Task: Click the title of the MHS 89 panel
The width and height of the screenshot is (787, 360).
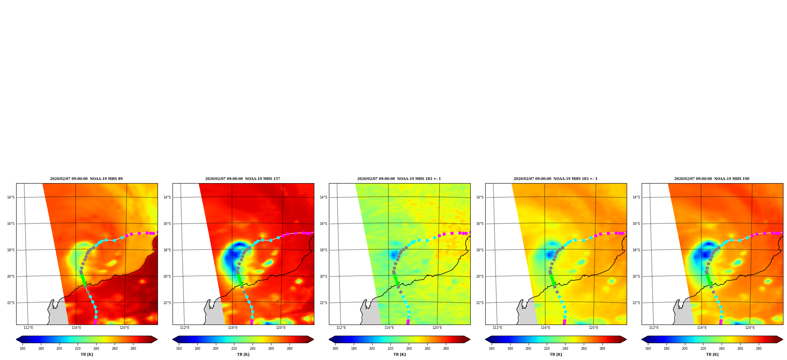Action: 86,179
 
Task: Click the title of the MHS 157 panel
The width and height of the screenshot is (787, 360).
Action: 243,179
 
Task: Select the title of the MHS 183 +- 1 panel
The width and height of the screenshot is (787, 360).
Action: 399,179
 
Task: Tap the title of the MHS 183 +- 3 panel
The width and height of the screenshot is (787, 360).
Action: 555,179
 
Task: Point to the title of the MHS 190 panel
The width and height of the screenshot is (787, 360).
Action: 712,179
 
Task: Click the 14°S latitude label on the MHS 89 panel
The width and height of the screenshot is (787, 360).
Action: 11,197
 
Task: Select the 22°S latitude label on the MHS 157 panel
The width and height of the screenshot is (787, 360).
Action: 167,303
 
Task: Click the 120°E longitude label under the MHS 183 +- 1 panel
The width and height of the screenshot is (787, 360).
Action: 437,328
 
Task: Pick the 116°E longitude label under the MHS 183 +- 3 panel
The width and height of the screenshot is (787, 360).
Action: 546,328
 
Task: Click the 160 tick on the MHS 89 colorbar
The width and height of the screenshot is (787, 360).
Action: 22,348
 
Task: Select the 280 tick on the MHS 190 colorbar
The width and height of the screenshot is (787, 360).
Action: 759,348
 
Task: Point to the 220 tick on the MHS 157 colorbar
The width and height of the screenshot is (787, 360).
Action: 234,348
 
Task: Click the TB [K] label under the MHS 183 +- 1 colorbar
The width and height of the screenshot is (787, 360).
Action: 399,354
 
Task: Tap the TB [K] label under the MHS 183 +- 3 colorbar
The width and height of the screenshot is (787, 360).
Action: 556,354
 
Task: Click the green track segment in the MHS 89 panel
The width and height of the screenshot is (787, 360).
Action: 83,280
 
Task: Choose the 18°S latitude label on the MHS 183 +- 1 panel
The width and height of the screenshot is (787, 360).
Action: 323,250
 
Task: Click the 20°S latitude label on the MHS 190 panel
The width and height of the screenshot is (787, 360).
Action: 636,276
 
